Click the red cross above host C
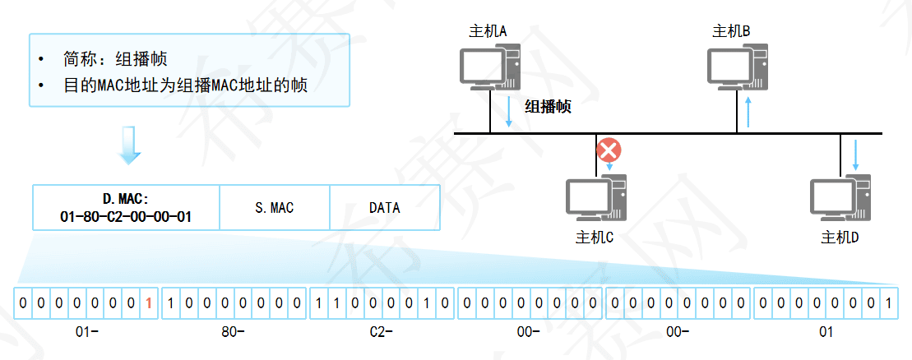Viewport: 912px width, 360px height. pos(609,150)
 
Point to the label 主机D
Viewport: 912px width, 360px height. pos(840,238)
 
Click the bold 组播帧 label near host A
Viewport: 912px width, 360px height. pos(549,107)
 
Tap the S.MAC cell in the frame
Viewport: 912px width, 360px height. pos(275,208)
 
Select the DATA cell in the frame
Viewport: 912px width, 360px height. pos(384,208)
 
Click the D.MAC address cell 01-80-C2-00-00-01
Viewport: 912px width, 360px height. pos(126,208)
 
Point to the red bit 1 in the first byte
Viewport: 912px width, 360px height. pos(148,303)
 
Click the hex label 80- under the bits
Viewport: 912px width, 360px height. pos(233,333)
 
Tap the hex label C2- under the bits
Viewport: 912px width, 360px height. pos(382,333)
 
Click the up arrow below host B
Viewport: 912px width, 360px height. pos(748,112)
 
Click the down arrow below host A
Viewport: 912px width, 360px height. pos(509,112)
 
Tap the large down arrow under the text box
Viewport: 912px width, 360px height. pos(130,145)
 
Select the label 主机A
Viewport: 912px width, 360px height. pos(488,31)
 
